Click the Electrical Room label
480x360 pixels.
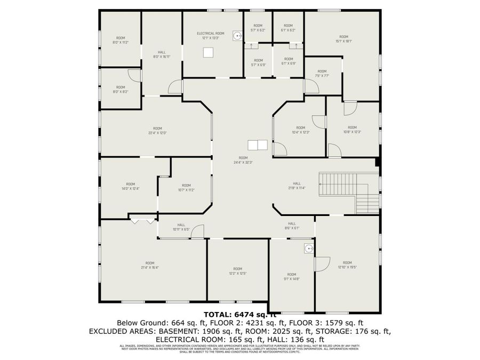tap(210, 36)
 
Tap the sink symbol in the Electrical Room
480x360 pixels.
tap(237, 36)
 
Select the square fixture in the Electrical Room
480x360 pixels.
tap(209, 52)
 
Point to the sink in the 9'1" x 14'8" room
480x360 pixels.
tap(308, 248)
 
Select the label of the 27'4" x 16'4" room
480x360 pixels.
tap(150, 265)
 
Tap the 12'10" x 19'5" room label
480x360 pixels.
tap(347, 265)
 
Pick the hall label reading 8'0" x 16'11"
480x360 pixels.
tap(162, 54)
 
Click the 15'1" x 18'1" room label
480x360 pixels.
tap(343, 39)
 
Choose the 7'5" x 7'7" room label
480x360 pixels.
tap(322, 74)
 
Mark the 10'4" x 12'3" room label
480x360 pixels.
tap(300, 130)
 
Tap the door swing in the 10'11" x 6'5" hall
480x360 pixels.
tap(197, 230)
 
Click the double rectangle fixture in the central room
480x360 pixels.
tap(257, 145)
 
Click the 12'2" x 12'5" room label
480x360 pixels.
tap(238, 271)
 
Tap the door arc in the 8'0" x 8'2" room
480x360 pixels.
tap(134, 75)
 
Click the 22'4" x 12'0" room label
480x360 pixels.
tap(157, 131)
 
